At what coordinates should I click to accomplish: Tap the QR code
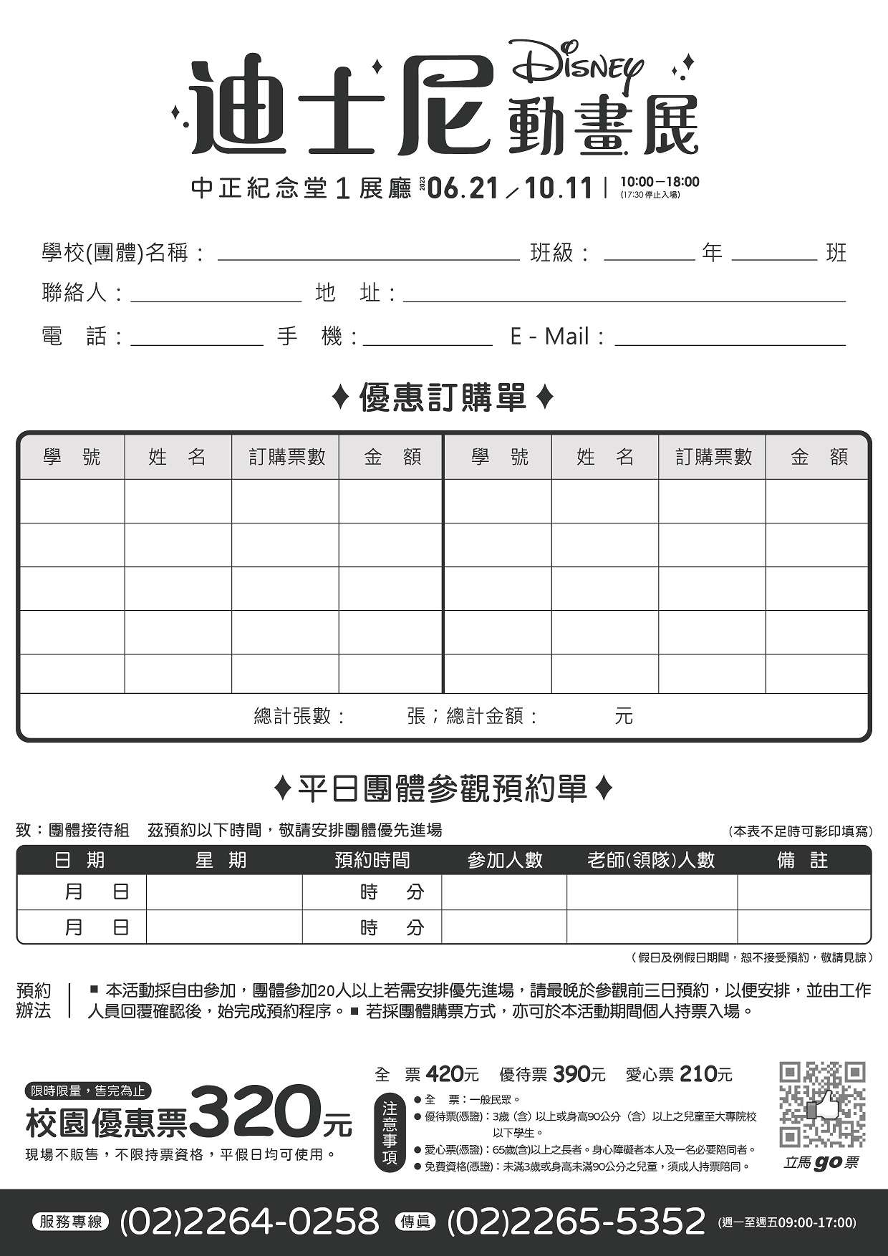pos(821,1103)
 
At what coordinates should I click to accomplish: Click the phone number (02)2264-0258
pos(249,1221)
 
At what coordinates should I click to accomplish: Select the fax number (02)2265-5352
pos(576,1221)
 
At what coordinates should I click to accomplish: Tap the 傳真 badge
pos(415,1222)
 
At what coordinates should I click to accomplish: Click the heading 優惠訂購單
pos(443,397)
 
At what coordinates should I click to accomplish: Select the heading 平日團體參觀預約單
pos(443,789)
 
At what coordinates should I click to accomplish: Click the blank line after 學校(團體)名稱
pos(368,255)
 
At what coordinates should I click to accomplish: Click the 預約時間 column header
pos(372,860)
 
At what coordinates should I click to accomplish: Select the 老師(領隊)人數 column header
pos(651,860)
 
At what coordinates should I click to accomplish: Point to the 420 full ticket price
pos(445,1074)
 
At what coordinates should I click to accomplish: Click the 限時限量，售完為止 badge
pos(88,1091)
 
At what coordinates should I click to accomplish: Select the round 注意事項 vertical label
pos(390,1133)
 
